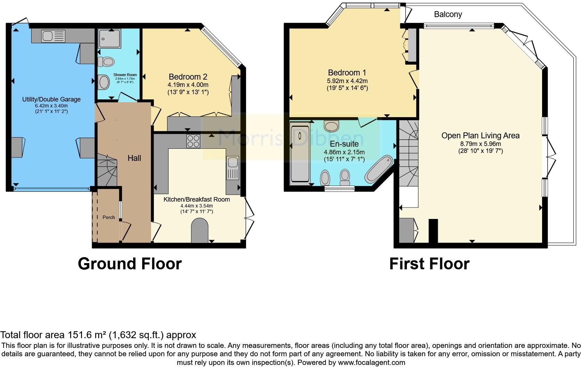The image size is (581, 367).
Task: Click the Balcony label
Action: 448,14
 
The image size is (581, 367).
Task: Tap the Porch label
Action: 109,217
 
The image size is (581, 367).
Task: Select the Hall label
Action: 134,158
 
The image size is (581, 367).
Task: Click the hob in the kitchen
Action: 193,141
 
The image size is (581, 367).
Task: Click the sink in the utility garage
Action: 53,36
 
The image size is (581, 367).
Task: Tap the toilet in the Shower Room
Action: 106,62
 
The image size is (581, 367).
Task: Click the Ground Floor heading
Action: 130,263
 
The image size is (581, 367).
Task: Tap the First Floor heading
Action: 429,263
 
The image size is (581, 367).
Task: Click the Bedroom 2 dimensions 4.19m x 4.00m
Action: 188,85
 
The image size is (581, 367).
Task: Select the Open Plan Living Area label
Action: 480,136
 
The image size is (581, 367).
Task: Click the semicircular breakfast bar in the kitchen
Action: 199,230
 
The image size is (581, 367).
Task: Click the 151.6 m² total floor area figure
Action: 87,335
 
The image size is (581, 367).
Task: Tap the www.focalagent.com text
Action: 371,362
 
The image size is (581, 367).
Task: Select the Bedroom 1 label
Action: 347,73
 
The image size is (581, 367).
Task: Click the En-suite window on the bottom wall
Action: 339,188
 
